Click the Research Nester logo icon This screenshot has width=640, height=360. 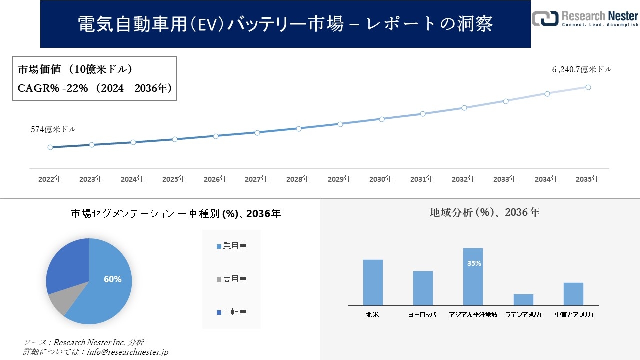pos(545,18)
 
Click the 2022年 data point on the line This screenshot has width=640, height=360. pos(50,147)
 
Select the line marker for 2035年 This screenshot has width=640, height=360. pos(588,87)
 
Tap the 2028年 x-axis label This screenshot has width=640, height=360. pos(298,179)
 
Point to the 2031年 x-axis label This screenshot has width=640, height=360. pos(422,179)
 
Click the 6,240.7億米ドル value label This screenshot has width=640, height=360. pos(581,70)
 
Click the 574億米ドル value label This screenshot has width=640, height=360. pos(53,129)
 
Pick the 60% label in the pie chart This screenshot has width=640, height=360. pos(112,279)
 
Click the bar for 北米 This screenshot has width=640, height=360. pos(373,282)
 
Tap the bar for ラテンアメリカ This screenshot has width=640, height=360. pos(523,299)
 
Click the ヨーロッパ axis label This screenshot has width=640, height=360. pos(422,315)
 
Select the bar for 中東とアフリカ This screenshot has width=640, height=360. pos(573,294)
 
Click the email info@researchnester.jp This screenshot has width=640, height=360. pos(127,352)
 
